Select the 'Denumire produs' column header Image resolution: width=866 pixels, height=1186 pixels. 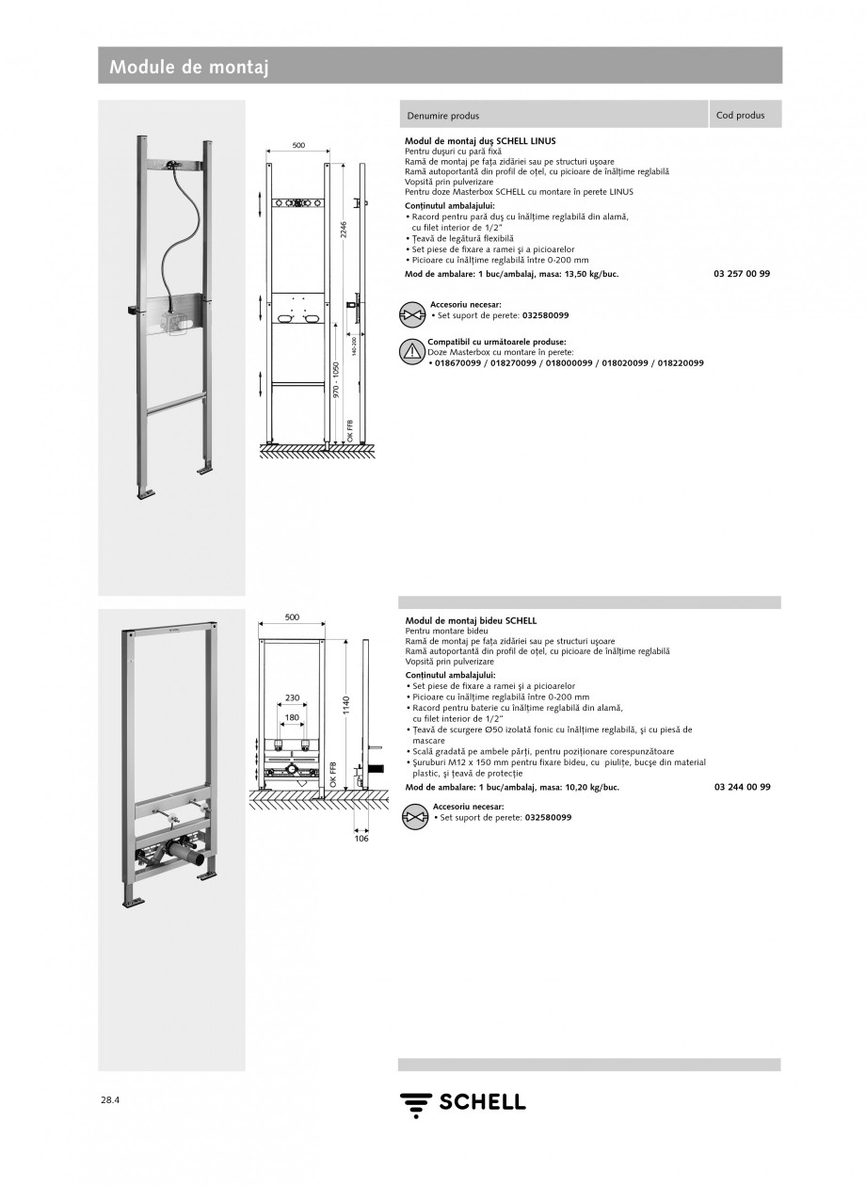click(x=442, y=116)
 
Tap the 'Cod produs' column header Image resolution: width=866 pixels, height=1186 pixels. click(x=740, y=116)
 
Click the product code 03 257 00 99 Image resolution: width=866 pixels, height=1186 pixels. click(x=742, y=273)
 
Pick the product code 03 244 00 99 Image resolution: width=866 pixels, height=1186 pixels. click(x=742, y=787)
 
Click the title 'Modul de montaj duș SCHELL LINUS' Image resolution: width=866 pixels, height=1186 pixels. click(x=480, y=140)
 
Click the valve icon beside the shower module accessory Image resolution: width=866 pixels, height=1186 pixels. click(x=413, y=313)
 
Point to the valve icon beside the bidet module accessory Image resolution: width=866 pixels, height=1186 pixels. click(x=414, y=815)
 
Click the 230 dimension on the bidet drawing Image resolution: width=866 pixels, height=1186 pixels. click(x=292, y=697)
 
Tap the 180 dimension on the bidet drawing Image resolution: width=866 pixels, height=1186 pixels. click(x=292, y=717)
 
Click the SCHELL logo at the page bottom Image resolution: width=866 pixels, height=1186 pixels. click(x=462, y=1102)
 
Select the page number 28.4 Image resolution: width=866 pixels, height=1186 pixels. click(x=112, y=1099)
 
